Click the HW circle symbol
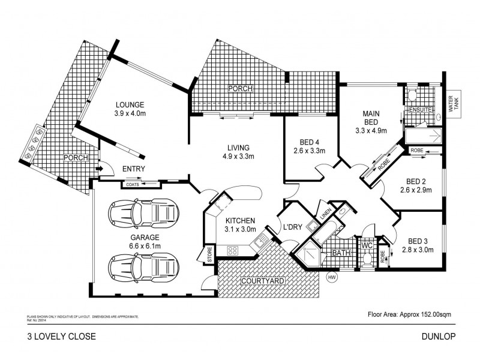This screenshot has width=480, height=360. [x=331, y=278]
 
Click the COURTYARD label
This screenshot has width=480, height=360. [x=262, y=281]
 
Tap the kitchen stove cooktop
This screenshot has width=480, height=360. [x=233, y=250]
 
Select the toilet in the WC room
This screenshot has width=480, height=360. [x=366, y=258]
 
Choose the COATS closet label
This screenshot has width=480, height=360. [x=133, y=184]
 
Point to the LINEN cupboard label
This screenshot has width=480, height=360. [x=325, y=213]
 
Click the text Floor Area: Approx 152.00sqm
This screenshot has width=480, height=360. [x=412, y=314]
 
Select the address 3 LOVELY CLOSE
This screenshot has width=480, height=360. [x=62, y=337]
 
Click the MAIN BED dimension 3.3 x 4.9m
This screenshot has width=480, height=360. [x=371, y=130]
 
